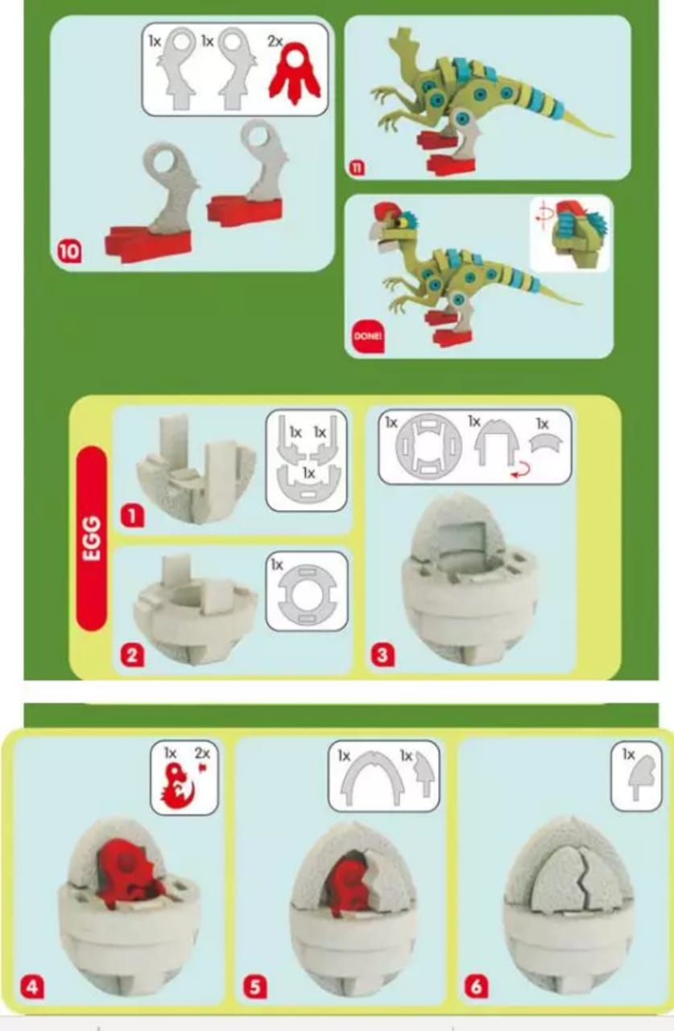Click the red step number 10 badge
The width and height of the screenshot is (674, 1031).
(x=69, y=252)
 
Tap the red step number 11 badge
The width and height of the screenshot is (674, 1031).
(x=358, y=167)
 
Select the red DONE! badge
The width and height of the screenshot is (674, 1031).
(x=367, y=336)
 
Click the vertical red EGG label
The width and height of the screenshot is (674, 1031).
(x=92, y=538)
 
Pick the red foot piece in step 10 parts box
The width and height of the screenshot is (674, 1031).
(x=295, y=72)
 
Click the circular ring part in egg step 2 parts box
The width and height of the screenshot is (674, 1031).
(x=308, y=594)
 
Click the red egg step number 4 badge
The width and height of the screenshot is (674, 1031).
(x=32, y=987)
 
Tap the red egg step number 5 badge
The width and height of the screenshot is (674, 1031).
(x=255, y=987)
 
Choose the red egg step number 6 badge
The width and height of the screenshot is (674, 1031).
(x=476, y=987)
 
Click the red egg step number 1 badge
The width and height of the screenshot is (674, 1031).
(x=132, y=516)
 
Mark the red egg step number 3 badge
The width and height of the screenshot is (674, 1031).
(x=382, y=655)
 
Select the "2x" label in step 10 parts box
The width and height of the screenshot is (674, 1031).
(x=275, y=41)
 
